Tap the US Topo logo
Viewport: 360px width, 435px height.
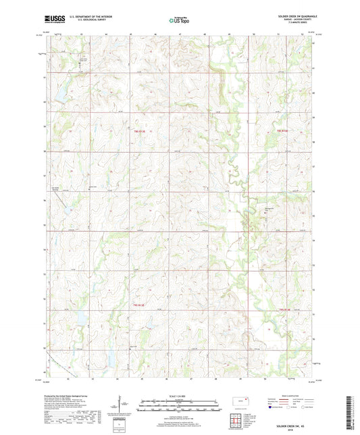tap(178, 20)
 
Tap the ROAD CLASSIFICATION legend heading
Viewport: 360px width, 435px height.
tap(292, 396)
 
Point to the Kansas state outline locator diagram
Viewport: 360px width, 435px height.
tap(236, 403)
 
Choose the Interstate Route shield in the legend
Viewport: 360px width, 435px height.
tap(269, 408)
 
